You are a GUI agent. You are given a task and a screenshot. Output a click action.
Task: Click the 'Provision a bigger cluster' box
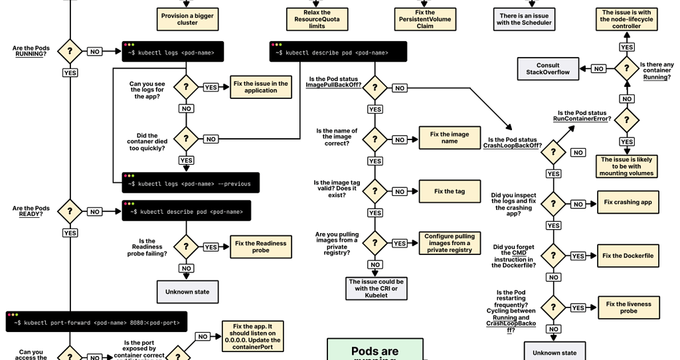click(187, 19)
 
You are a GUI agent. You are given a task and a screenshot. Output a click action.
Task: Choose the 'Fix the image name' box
click(450, 138)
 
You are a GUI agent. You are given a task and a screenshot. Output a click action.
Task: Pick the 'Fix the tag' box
click(450, 191)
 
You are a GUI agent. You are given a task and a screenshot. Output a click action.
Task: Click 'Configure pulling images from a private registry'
click(450, 243)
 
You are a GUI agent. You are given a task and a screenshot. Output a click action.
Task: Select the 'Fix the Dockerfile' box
click(628, 256)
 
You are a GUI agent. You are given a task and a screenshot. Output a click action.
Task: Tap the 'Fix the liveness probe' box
click(628, 308)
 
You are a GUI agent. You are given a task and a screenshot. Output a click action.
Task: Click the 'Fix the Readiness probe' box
click(261, 247)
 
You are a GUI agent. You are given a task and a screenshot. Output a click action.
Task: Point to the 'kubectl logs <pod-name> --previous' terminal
click(190, 183)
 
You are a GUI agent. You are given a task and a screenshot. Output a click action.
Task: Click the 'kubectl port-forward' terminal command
click(96, 323)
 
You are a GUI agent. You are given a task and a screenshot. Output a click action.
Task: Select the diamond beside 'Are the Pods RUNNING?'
click(70, 51)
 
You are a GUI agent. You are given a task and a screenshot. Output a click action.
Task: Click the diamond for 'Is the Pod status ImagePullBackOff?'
click(375, 88)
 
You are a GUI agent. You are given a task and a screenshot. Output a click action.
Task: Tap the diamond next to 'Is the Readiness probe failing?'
click(186, 246)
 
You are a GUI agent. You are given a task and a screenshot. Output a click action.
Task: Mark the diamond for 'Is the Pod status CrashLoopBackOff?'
click(553, 152)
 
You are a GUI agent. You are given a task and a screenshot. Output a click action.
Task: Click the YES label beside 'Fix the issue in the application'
click(211, 88)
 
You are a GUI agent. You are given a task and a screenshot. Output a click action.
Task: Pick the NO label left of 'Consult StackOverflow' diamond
click(598, 68)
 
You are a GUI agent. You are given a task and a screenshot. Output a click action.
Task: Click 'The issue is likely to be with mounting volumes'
click(626, 167)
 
